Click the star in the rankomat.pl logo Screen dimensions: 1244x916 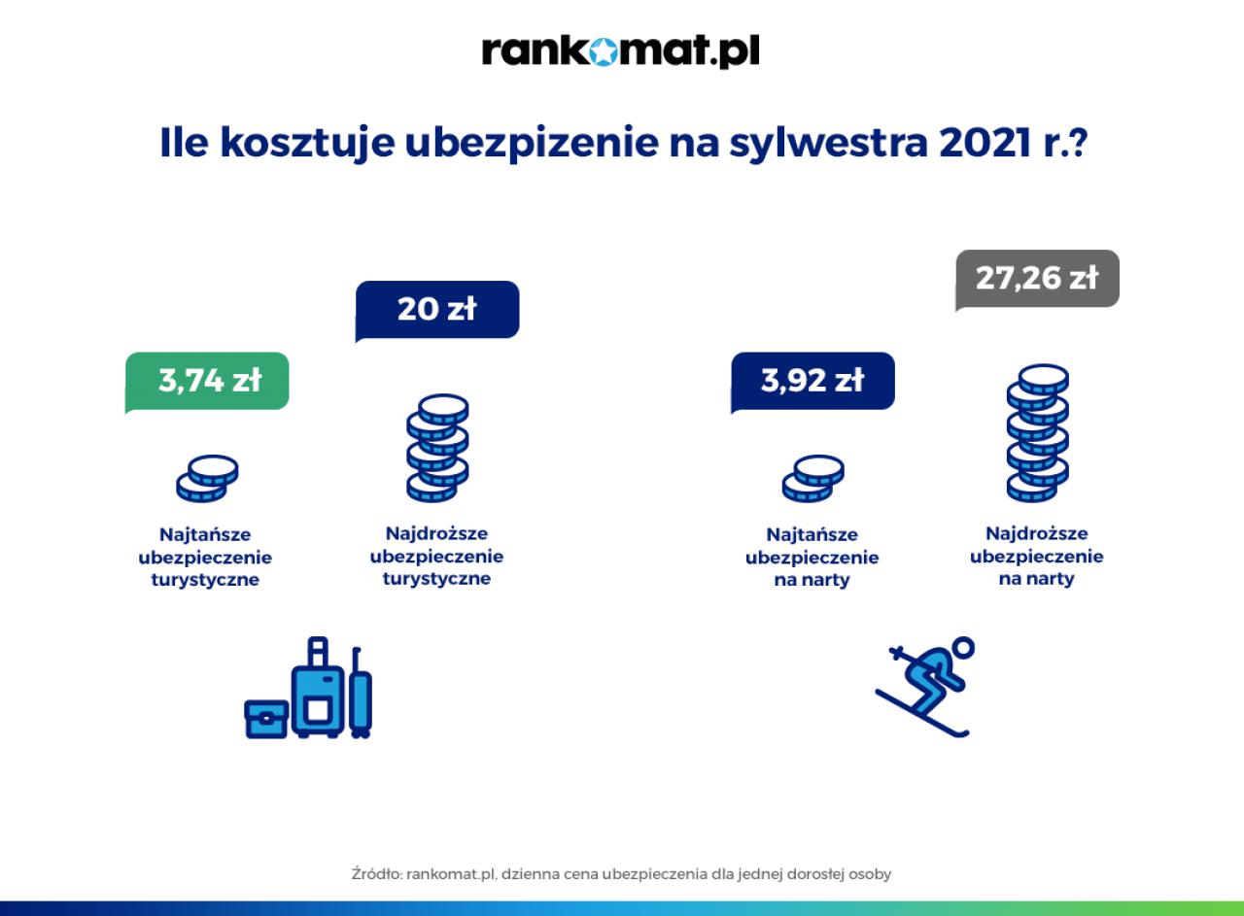[x=602, y=52]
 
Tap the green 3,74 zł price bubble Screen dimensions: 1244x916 [x=207, y=382]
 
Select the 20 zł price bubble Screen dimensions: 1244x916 [x=437, y=310]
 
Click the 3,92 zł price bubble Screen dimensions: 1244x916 [x=812, y=382]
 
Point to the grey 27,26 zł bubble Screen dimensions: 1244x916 [x=1037, y=279]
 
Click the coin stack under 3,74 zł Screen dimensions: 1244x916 [x=207, y=479]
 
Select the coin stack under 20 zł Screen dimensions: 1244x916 [x=437, y=448]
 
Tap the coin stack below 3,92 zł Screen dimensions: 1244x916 [x=813, y=479]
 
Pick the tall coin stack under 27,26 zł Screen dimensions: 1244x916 [x=1037, y=433]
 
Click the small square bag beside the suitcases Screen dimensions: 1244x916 [x=266, y=720]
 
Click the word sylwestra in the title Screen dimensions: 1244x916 [x=828, y=143]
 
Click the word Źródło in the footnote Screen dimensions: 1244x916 [x=376, y=873]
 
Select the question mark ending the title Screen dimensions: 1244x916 [x=1078, y=142]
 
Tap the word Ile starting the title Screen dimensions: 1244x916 [x=184, y=142]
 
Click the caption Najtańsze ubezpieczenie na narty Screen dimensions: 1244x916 [x=812, y=558]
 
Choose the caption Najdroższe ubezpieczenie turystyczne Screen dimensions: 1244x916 [x=436, y=557]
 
